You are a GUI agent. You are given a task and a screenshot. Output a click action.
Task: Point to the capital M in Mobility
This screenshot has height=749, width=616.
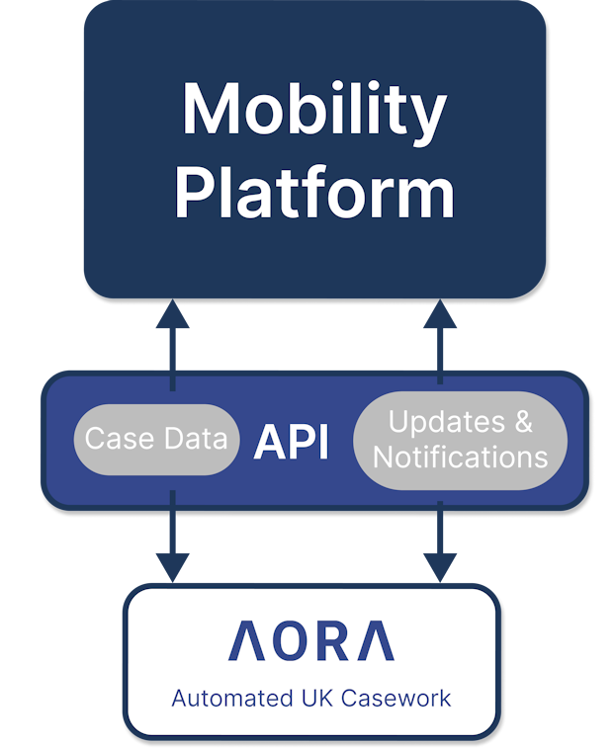[x=214, y=109]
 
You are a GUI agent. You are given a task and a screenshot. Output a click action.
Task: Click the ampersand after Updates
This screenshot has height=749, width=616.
[x=522, y=422]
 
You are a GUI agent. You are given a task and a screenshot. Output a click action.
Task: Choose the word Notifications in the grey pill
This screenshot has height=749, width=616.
[x=460, y=457]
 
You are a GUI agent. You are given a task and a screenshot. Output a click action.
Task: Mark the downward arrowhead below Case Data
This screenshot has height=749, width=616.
[x=173, y=566]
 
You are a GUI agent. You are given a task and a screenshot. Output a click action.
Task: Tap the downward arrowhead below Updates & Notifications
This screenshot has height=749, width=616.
[x=440, y=566]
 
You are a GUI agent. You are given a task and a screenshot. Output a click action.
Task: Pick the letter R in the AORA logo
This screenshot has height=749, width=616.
[x=333, y=641]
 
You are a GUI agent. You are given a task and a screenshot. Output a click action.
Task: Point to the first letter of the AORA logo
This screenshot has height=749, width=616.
[x=245, y=641]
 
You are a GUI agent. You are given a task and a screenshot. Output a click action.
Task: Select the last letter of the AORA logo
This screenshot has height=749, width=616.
[x=376, y=641]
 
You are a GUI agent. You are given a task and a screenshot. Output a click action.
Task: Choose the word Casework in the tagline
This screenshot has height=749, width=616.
[x=396, y=699]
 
